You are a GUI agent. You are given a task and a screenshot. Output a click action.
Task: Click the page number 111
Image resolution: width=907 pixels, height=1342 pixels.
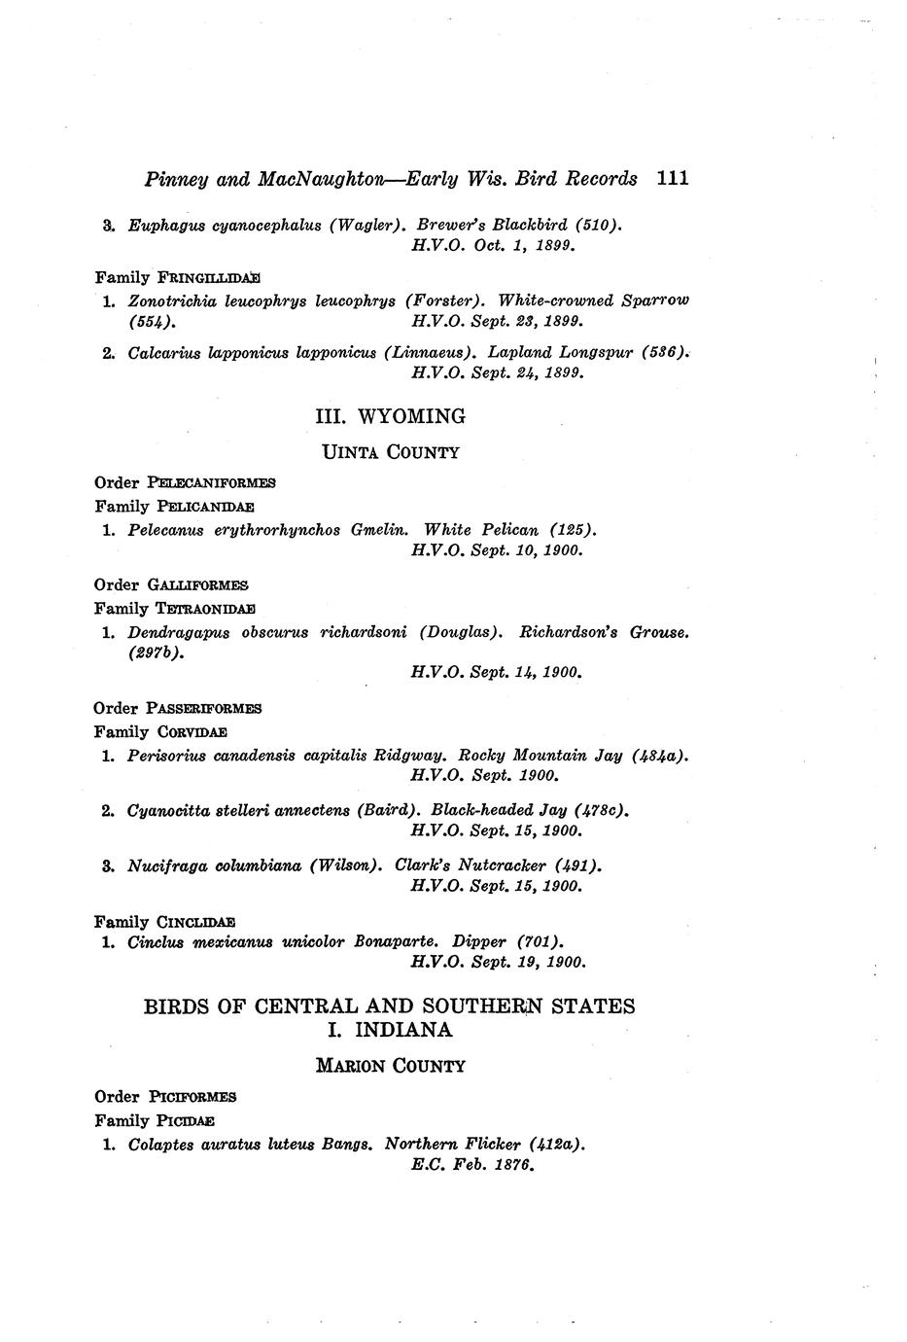(x=673, y=178)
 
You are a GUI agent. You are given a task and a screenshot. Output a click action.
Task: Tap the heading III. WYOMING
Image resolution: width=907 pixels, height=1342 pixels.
(x=391, y=416)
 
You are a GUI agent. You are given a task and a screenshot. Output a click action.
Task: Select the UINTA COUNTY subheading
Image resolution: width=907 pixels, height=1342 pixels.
(x=391, y=452)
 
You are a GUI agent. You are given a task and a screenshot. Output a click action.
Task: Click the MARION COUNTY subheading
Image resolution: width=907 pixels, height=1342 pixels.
(x=391, y=1066)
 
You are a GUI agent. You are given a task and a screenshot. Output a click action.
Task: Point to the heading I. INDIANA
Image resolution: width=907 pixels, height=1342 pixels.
(x=391, y=1029)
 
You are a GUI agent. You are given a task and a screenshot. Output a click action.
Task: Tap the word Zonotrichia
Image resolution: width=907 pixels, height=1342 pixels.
(x=171, y=300)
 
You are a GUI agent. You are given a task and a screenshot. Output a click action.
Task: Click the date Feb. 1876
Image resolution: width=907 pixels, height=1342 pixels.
(x=503, y=1165)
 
